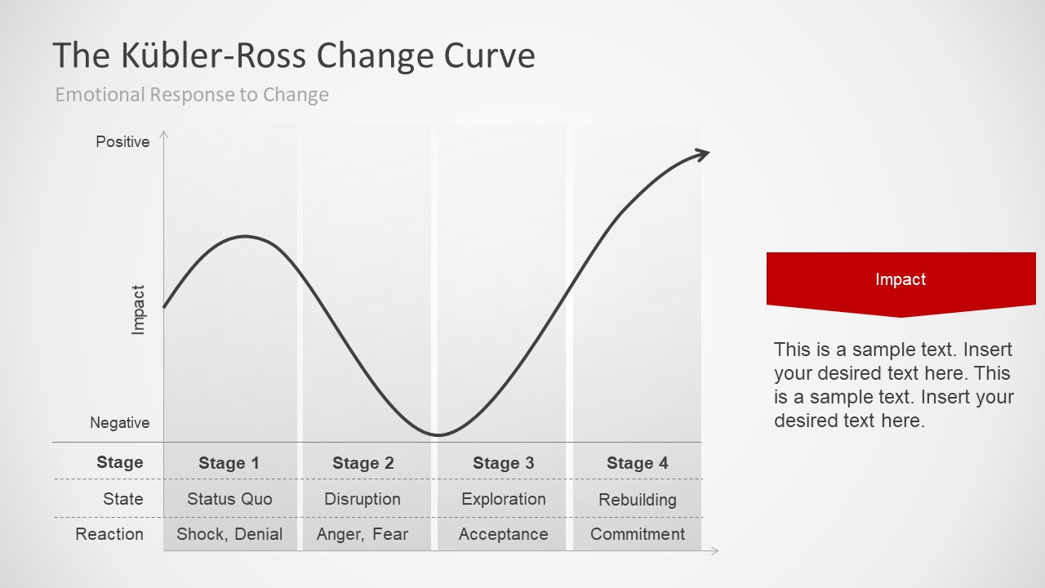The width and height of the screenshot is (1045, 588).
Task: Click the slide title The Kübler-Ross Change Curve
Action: click(x=294, y=56)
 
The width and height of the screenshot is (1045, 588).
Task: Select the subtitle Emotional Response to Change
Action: click(x=192, y=95)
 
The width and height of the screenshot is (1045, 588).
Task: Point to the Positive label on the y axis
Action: click(x=122, y=142)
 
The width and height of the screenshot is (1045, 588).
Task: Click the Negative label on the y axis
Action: click(x=120, y=423)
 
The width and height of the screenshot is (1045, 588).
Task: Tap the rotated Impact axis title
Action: click(x=138, y=310)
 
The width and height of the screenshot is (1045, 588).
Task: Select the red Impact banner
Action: click(x=900, y=280)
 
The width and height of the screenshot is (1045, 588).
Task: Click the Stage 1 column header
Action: click(x=229, y=463)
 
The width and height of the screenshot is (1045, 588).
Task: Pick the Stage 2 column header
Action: click(x=363, y=463)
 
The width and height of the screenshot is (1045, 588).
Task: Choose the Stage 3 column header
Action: click(x=503, y=463)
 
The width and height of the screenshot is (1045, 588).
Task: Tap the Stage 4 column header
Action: click(x=637, y=463)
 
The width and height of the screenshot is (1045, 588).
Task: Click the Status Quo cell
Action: click(x=229, y=499)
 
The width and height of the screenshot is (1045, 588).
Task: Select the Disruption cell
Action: click(x=362, y=499)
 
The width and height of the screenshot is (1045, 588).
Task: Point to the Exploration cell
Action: click(x=503, y=499)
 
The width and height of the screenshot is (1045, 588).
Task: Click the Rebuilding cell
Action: click(x=638, y=500)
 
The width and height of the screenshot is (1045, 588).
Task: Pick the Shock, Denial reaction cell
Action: click(x=229, y=534)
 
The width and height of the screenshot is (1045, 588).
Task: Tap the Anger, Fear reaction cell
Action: click(x=362, y=534)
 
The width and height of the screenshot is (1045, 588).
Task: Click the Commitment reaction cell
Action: click(x=638, y=534)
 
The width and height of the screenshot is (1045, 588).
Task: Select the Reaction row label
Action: click(x=109, y=534)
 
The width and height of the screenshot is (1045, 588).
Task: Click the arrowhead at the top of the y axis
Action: click(x=164, y=134)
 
